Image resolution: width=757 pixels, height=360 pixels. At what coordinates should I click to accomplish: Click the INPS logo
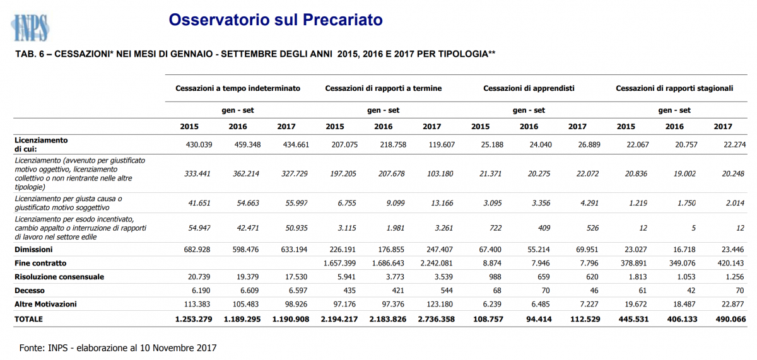tap(30, 28)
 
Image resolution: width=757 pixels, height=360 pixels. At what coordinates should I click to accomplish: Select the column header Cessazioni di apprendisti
tap(529, 88)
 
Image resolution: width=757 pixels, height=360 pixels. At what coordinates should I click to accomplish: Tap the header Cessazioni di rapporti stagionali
tap(674, 88)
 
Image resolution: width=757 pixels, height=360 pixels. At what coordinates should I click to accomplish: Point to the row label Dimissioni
tap(33, 250)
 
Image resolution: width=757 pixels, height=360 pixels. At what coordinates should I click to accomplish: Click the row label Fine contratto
tap(40, 263)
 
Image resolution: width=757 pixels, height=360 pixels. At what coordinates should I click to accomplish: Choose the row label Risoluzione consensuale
tap(59, 277)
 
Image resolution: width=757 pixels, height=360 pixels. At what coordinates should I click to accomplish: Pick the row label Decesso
tap(30, 291)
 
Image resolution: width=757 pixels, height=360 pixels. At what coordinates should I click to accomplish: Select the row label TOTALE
tap(28, 319)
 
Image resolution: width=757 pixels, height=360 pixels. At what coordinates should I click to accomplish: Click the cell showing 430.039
tap(199, 145)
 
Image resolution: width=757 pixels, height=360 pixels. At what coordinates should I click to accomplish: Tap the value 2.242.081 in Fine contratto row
tap(437, 263)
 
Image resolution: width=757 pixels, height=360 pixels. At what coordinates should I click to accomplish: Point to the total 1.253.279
tap(194, 319)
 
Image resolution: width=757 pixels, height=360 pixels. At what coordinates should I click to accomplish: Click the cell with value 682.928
tap(197, 250)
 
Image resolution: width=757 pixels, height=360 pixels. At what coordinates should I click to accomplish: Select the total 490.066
tap(731, 319)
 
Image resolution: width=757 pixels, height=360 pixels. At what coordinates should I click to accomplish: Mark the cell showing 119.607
tap(442, 145)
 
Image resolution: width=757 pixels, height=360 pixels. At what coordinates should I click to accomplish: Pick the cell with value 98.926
tap(296, 305)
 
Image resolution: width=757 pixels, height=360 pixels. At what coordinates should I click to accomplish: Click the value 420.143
tap(731, 263)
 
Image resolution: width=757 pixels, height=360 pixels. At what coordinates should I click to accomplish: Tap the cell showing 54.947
tap(199, 228)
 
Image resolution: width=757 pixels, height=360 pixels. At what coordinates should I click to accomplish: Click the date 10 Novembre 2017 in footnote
tap(178, 348)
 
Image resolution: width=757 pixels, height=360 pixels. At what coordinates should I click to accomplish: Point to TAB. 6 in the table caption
tap(30, 54)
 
